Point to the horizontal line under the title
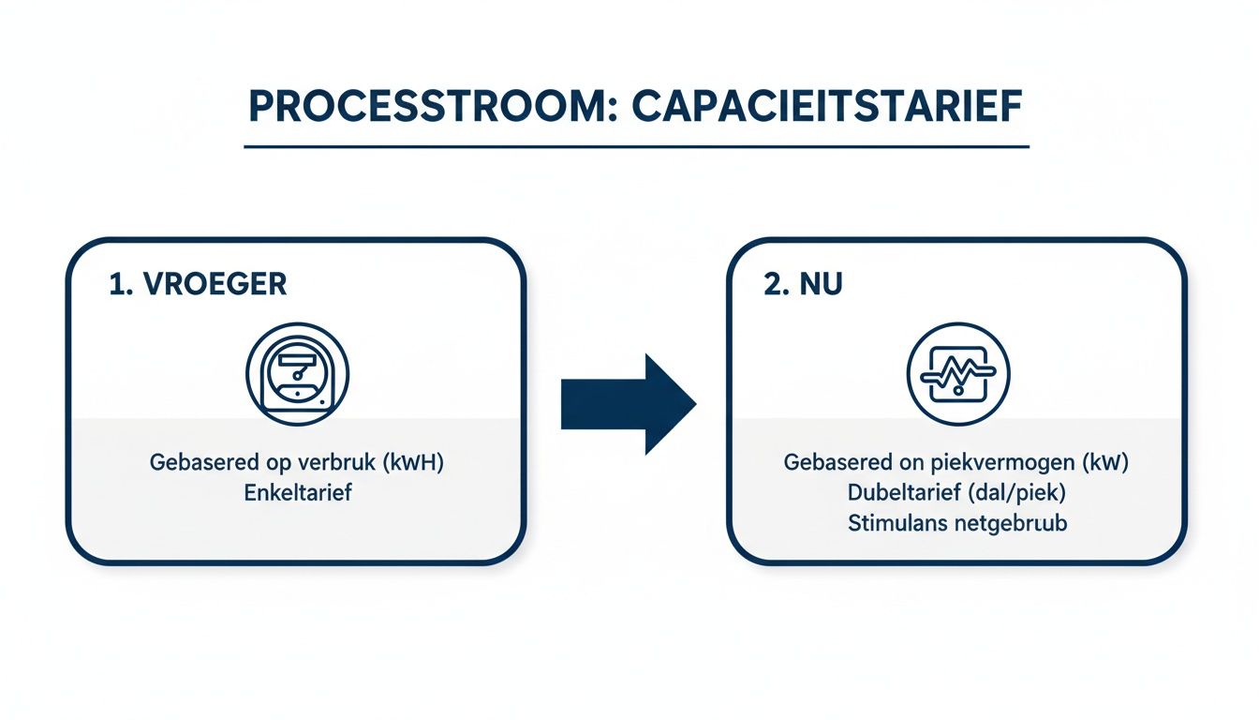636,147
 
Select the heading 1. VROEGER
198,285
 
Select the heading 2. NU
803,285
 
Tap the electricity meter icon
296,375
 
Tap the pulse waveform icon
958,375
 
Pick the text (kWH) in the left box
410,462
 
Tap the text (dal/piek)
1023,492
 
